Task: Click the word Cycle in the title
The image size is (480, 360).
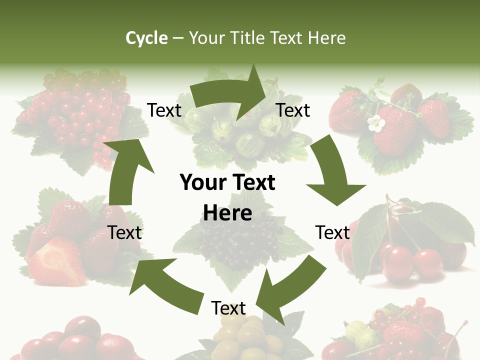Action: coord(146,38)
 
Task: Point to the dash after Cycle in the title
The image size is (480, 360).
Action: coord(178,38)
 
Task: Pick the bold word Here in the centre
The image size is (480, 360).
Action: coord(227,213)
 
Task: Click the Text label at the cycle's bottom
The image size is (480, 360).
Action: coord(228,308)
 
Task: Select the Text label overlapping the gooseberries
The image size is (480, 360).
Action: coord(293,110)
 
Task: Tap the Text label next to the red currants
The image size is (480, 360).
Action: coord(164,110)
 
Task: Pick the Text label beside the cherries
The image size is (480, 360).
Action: coord(332,232)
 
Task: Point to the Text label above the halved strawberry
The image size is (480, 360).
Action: coord(125,232)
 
